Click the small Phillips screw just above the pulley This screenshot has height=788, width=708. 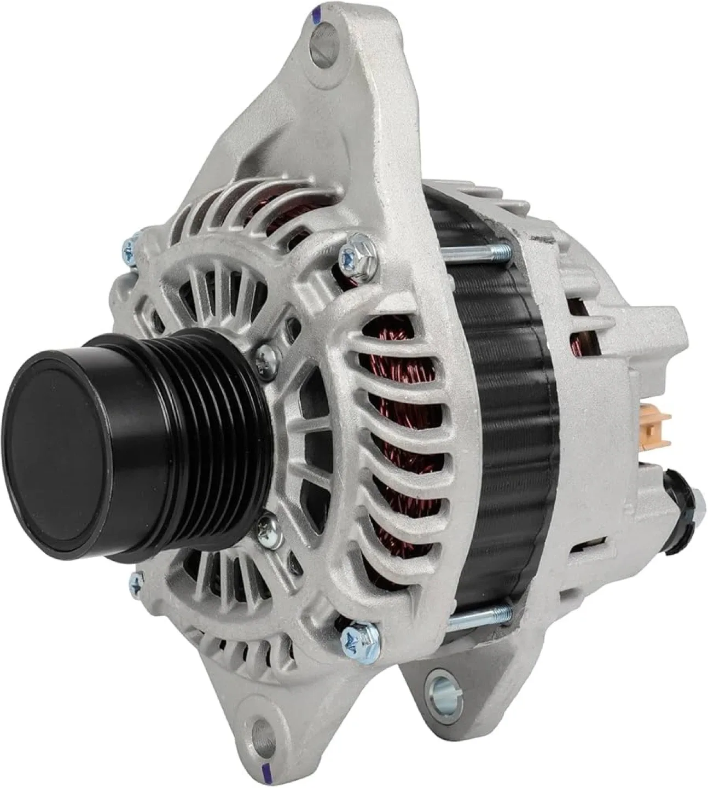266,353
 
